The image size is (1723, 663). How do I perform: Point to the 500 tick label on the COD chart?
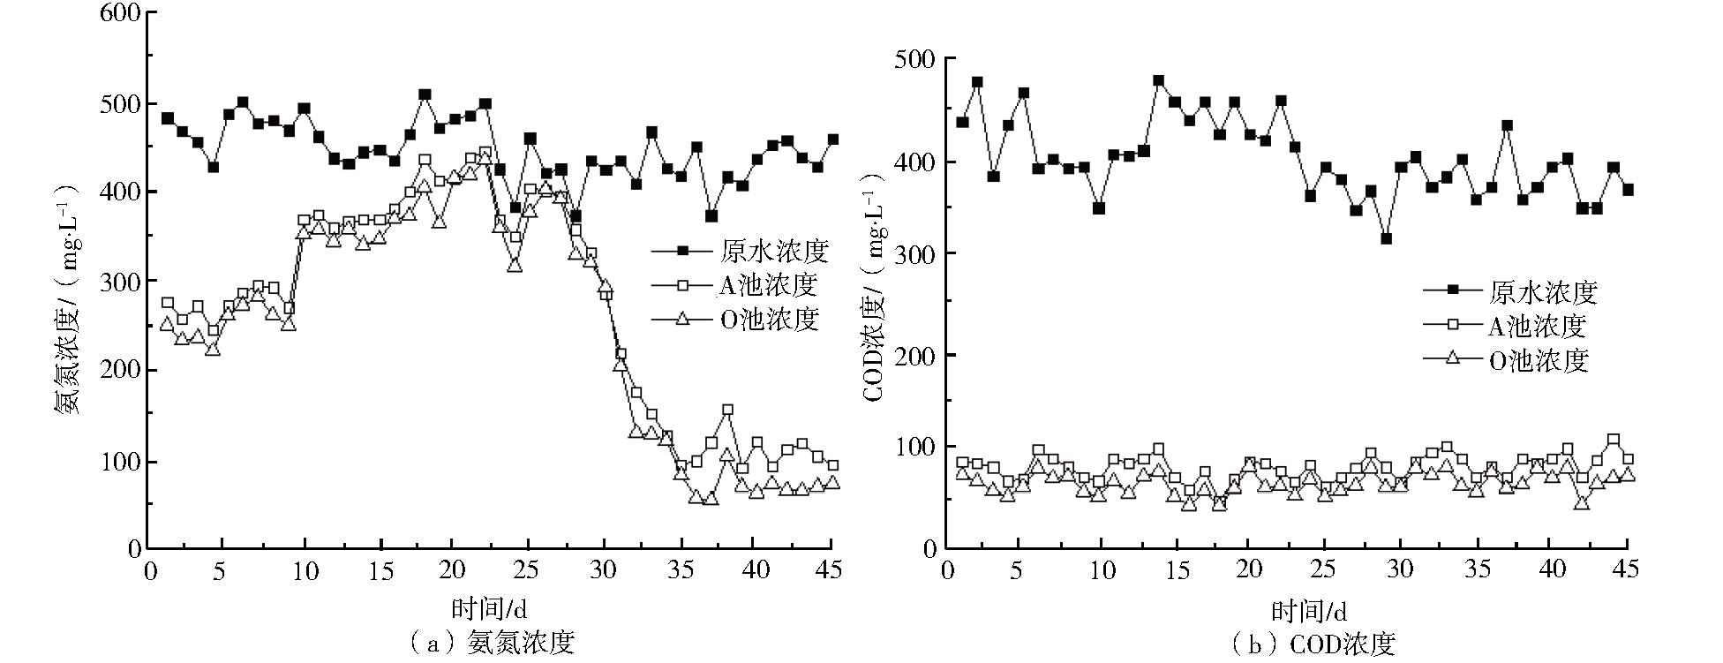pyautogui.click(x=916, y=58)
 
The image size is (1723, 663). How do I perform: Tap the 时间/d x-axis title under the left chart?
pyautogui.click(x=489, y=608)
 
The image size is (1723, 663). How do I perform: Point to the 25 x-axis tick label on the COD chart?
pyautogui.click(x=1322, y=571)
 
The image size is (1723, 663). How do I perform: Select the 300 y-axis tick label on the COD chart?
pyautogui.click(x=916, y=253)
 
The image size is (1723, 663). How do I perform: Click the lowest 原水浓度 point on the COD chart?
pyautogui.click(x=1386, y=239)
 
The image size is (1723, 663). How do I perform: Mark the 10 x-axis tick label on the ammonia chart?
pyautogui.click(x=305, y=571)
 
